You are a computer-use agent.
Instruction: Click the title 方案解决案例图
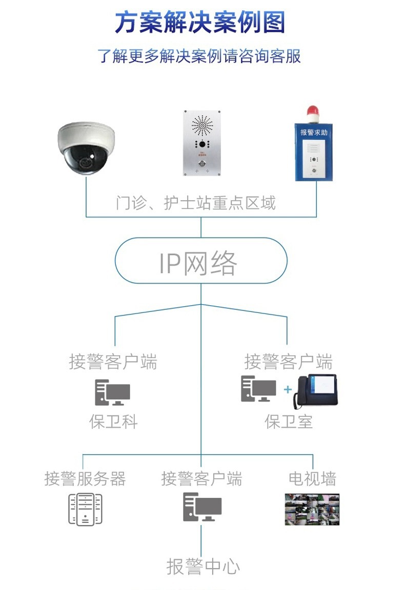(x=200, y=23)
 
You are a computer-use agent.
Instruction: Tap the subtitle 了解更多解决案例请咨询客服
(x=199, y=56)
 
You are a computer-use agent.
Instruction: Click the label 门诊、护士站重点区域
(x=196, y=203)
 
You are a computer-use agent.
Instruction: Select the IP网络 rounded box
(x=200, y=263)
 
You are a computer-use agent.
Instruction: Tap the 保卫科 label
(x=113, y=422)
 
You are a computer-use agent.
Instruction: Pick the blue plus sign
(x=288, y=390)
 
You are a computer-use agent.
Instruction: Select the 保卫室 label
(x=288, y=422)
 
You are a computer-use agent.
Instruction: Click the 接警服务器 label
(x=85, y=479)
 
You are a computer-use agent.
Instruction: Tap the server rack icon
(x=86, y=509)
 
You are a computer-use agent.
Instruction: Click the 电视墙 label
(x=312, y=479)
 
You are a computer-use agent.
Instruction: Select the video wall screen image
(x=312, y=509)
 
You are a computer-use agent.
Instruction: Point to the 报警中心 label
(x=203, y=566)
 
